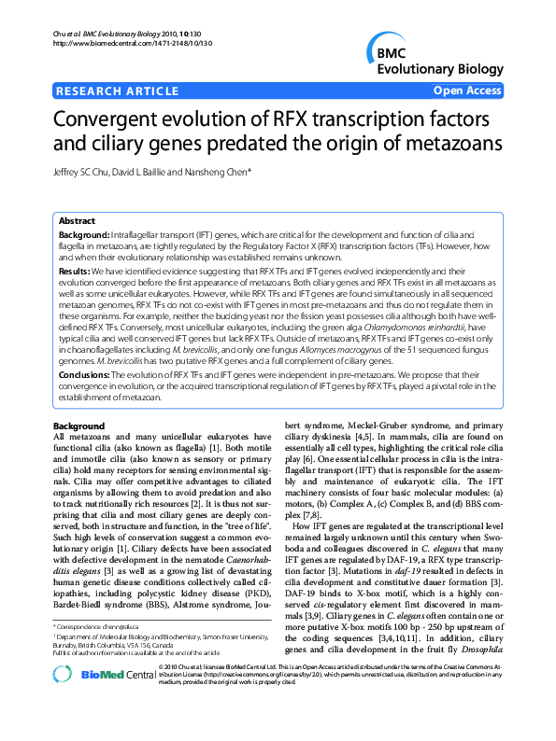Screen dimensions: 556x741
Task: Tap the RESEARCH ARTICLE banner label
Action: tap(118, 91)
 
